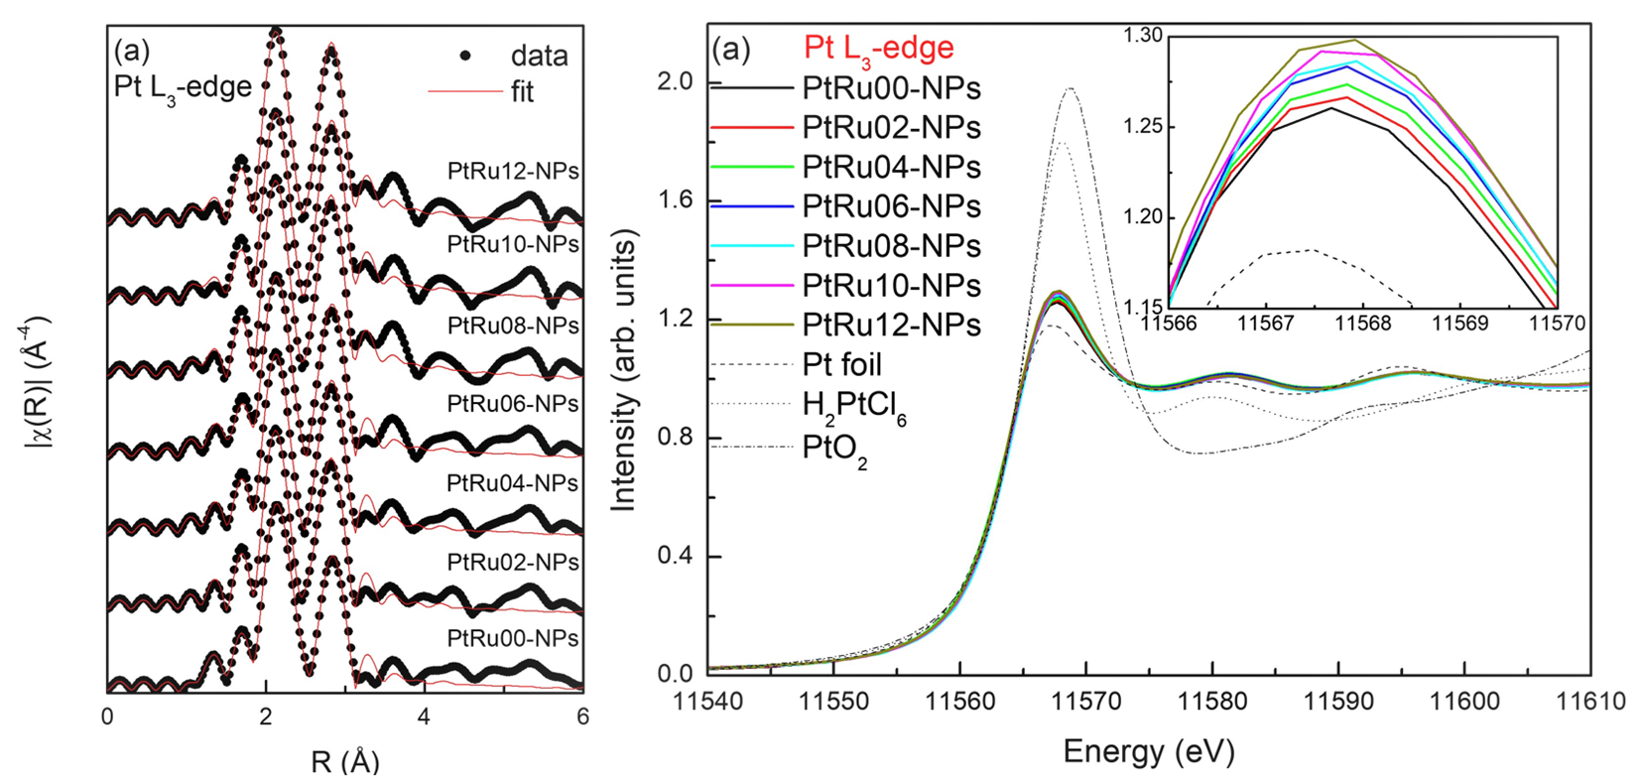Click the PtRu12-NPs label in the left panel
coord(513,171)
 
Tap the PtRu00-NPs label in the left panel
coord(513,638)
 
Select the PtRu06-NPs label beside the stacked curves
coord(513,404)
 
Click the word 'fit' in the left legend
coord(522,92)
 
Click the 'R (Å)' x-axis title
coord(344,761)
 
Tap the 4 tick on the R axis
coord(424,716)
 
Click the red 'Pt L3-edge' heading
coord(877,48)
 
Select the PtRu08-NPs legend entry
coord(891,246)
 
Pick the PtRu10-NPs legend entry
coord(891,286)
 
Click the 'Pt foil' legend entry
coord(841,365)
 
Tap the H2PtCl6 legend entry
coord(854,406)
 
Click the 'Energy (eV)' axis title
coord(1149,751)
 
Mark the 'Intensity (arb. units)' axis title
coord(624,369)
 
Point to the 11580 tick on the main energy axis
coord(1212,702)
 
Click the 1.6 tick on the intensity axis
coord(677,200)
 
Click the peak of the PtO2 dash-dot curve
coord(1071,88)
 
